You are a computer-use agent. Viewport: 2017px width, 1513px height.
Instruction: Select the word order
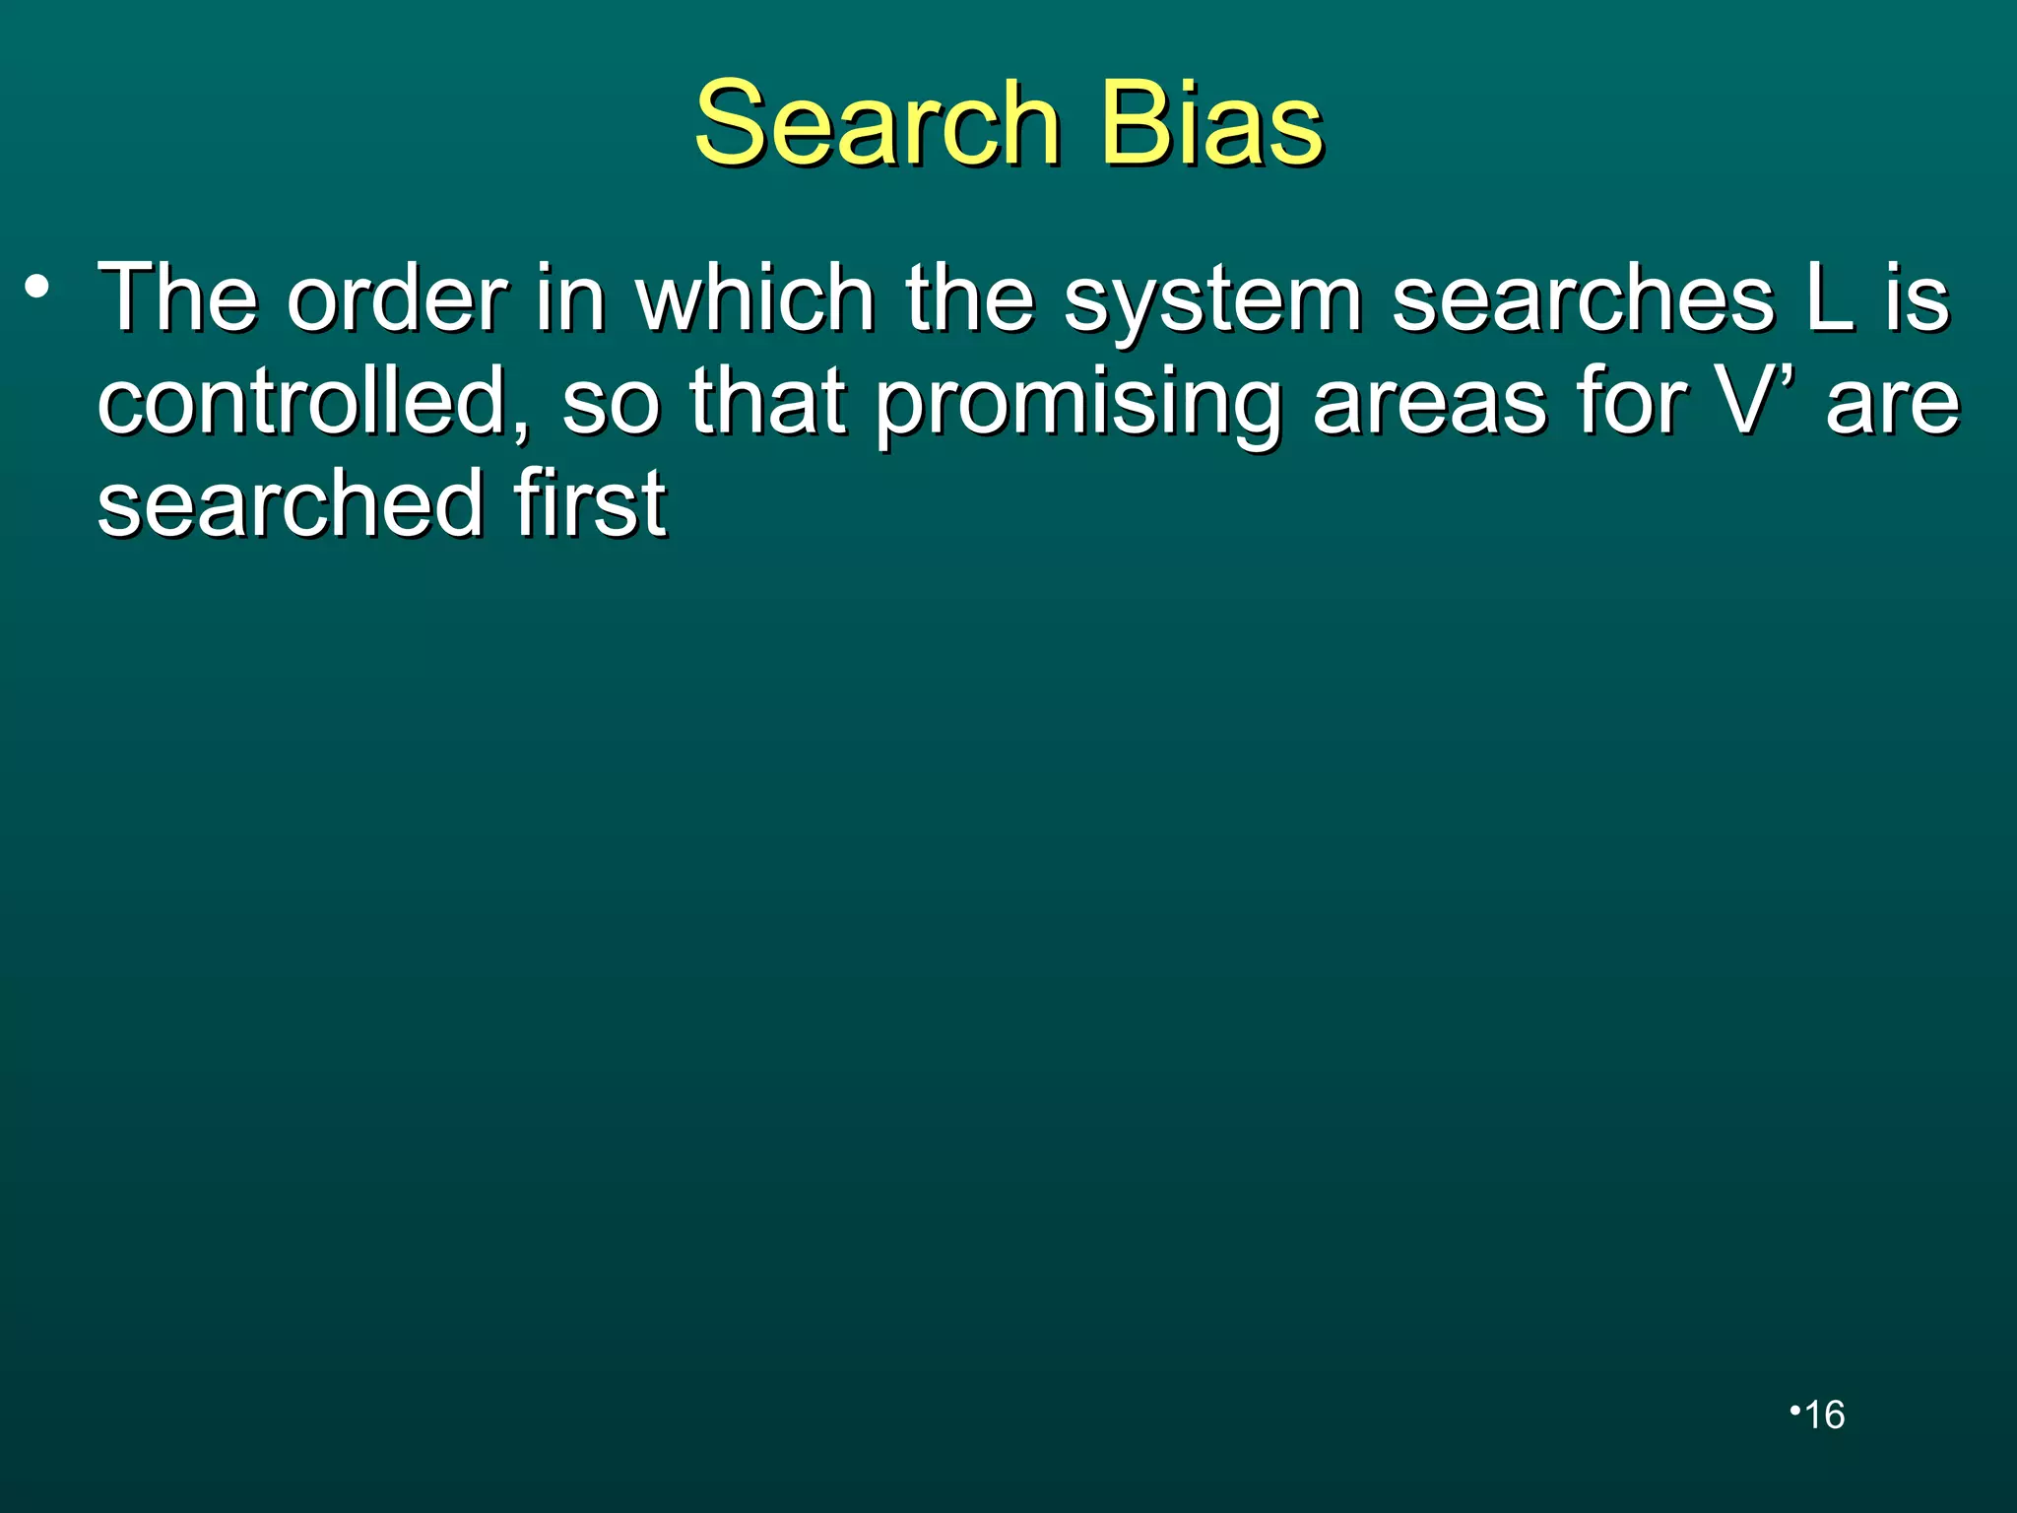point(397,297)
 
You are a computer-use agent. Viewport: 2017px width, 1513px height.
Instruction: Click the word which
point(755,297)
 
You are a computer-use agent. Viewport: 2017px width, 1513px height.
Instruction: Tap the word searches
point(1583,297)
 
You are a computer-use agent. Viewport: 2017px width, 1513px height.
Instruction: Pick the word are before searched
point(1892,404)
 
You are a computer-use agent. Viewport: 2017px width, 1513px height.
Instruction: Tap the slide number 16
point(1824,1414)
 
